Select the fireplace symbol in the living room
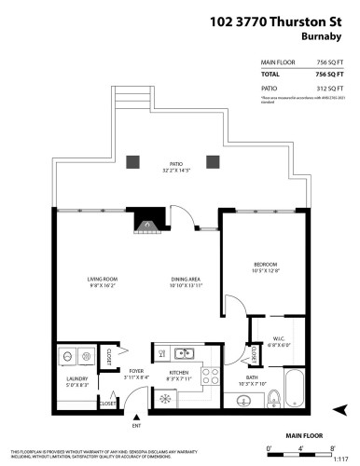pyautogui.click(x=146, y=224)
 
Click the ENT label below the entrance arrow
pyautogui.click(x=136, y=426)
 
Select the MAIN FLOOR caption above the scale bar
pyautogui.click(x=304, y=435)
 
